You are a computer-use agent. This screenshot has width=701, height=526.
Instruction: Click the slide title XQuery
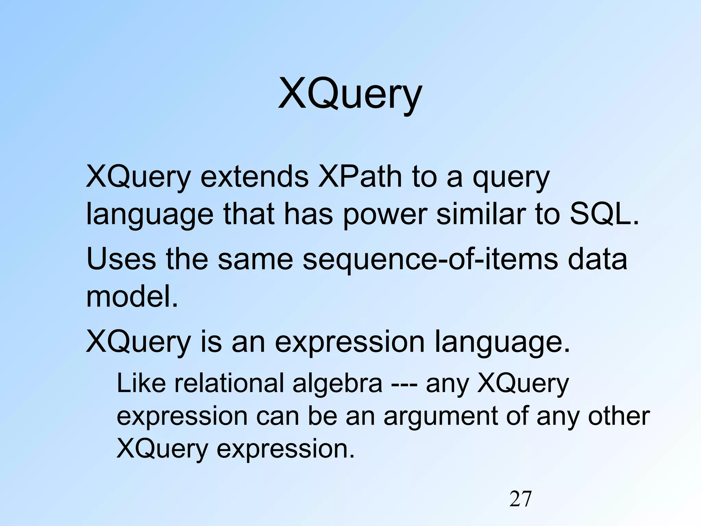(350, 94)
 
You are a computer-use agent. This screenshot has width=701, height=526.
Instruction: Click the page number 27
(520, 499)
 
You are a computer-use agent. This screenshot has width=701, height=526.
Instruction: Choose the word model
(132, 297)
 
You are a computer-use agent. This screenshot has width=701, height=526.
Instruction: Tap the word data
(597, 259)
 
